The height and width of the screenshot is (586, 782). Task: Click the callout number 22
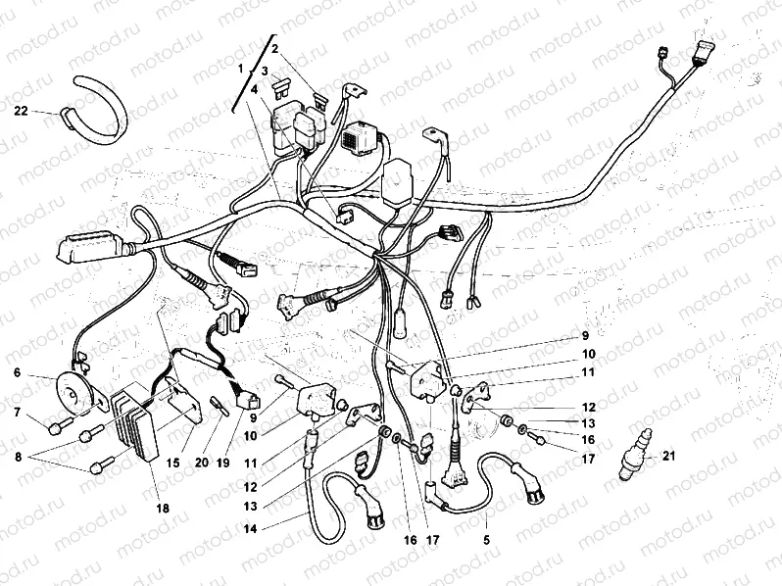point(21,111)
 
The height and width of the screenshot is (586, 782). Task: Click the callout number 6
point(18,371)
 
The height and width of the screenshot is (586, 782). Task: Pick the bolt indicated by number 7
point(60,424)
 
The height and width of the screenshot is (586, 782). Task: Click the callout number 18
point(163,508)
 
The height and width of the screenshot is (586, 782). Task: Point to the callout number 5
point(487,538)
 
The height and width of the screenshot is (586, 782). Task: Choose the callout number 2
point(275,48)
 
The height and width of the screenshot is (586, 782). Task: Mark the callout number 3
point(265,71)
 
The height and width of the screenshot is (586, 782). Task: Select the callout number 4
point(255,88)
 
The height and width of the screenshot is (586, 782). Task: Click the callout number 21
point(668,454)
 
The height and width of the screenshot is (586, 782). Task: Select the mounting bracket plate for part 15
point(185,399)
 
